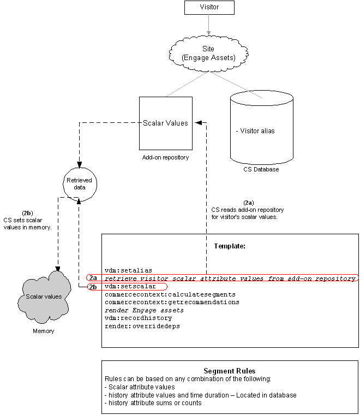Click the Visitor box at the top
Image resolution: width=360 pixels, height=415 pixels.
pyautogui.click(x=209, y=8)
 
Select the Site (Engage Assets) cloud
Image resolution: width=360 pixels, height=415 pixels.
pyautogui.click(x=208, y=54)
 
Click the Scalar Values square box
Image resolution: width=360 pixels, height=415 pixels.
pyautogui.click(x=166, y=123)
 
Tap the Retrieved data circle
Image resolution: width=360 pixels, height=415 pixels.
pyautogui.click(x=80, y=184)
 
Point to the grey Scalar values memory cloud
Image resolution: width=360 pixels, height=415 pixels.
pyautogui.click(x=44, y=297)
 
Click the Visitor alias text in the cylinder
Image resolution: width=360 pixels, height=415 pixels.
pyautogui.click(x=255, y=131)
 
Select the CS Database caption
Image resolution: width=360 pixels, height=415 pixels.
pyautogui.click(x=261, y=169)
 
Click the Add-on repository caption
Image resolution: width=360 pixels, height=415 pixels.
pyautogui.click(x=165, y=157)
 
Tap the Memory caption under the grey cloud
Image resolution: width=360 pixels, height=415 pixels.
pyautogui.click(x=43, y=331)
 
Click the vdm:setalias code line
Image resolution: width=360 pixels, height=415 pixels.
pyautogui.click(x=129, y=270)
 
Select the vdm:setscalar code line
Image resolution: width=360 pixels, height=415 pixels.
pyautogui.click(x=130, y=286)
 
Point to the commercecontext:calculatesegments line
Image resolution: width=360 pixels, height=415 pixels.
pyautogui.click(x=170, y=294)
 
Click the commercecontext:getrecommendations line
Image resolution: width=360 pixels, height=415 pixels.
pyautogui.click(x=172, y=303)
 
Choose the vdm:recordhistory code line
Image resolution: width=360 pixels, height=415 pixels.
pyautogui.click(x=138, y=318)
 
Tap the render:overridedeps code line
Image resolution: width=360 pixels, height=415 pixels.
pyautogui.click(x=142, y=326)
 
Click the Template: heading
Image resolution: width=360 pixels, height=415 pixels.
pyautogui.click(x=230, y=246)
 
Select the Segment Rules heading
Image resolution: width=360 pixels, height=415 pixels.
pyautogui.click(x=230, y=371)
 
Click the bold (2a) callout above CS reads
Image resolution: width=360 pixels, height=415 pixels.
pyautogui.click(x=249, y=203)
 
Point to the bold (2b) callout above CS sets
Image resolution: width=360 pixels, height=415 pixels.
pyautogui.click(x=27, y=213)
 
